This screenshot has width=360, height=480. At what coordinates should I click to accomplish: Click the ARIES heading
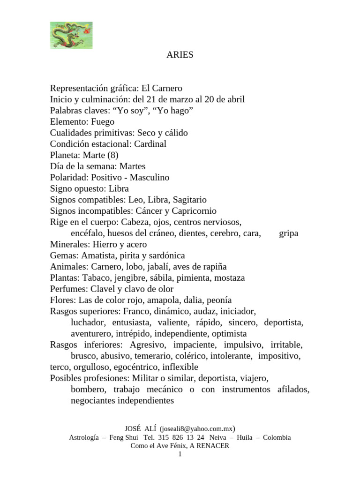180,55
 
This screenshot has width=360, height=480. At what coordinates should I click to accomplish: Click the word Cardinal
150,144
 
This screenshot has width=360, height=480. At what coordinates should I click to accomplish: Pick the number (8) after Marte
115,155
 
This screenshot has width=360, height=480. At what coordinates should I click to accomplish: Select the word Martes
133,166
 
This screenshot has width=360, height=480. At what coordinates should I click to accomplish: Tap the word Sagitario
189,200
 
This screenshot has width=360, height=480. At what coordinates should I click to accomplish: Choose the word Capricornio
195,211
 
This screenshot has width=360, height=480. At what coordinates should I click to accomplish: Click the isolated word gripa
289,233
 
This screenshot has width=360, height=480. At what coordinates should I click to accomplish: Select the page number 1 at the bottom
180,454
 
